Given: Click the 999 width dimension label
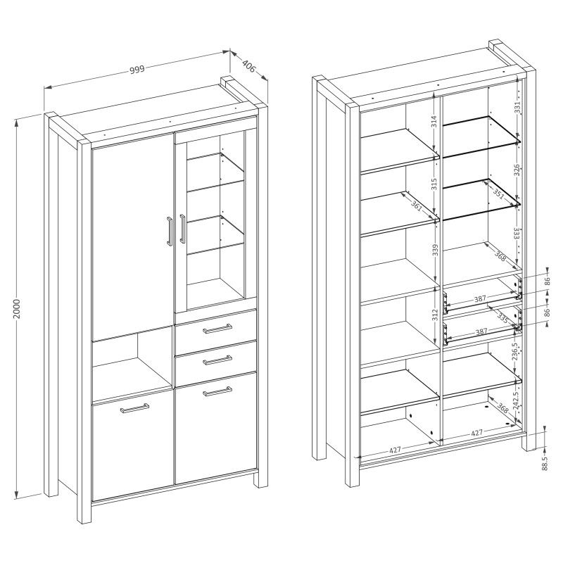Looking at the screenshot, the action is pyautogui.click(x=137, y=69).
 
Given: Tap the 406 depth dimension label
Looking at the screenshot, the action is pyautogui.click(x=248, y=66).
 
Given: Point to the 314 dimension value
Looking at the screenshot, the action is pyautogui.click(x=434, y=122).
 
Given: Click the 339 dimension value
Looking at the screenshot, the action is pyautogui.click(x=435, y=251).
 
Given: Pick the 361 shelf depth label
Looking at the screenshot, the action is pyautogui.click(x=417, y=206).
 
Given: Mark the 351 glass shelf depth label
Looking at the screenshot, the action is pyautogui.click(x=498, y=194).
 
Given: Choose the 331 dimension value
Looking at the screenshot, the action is pyautogui.click(x=517, y=108).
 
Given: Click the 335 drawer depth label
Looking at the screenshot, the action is pyautogui.click(x=503, y=317).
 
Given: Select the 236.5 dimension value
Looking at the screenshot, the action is pyautogui.click(x=515, y=353).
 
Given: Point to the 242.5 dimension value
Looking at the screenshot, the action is pyautogui.click(x=515, y=401).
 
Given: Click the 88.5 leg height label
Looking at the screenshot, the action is pyautogui.click(x=544, y=464).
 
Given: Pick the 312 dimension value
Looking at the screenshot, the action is pyautogui.click(x=435, y=315).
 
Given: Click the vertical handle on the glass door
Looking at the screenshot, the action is pyautogui.click(x=182, y=230).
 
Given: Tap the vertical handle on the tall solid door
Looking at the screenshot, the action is pyautogui.click(x=170, y=232).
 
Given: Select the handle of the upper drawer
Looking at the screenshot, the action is pyautogui.click(x=217, y=329).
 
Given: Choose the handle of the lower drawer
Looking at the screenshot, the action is pyautogui.click(x=217, y=360).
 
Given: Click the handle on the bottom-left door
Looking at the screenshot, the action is pyautogui.click(x=134, y=408).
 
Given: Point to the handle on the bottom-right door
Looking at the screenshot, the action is pyautogui.click(x=217, y=391).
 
